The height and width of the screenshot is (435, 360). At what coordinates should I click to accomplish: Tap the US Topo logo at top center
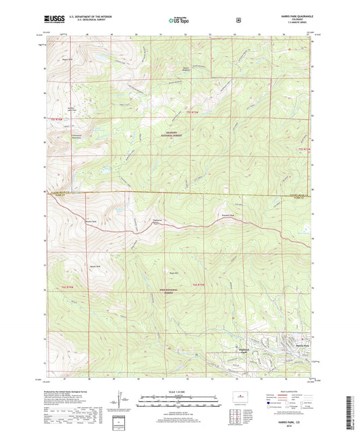click(180, 21)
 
